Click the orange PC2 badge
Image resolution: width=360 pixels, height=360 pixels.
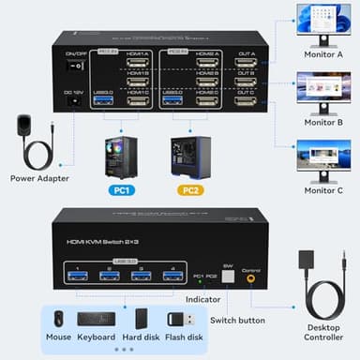click(190, 191)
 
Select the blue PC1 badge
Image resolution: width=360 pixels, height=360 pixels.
click(122, 191)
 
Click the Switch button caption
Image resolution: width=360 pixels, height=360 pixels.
click(236, 320)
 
